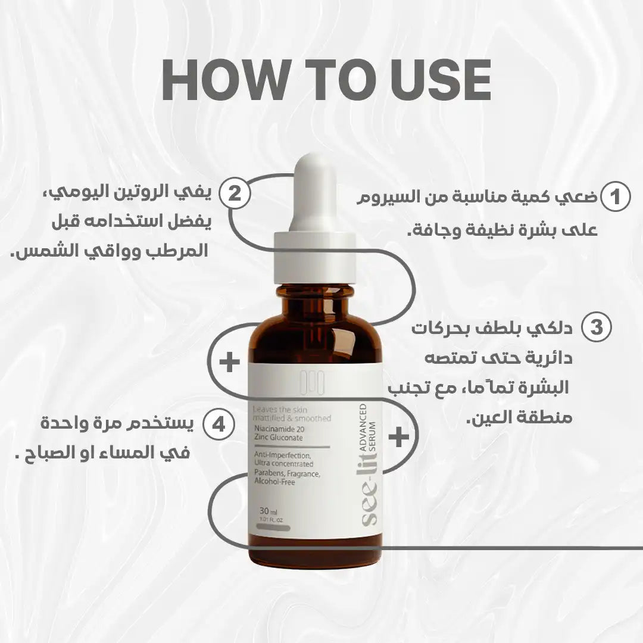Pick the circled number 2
[235, 195]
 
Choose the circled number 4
[219, 424]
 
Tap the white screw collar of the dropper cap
[315, 259]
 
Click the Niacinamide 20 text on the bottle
[285, 429]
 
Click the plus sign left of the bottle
[229, 363]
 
